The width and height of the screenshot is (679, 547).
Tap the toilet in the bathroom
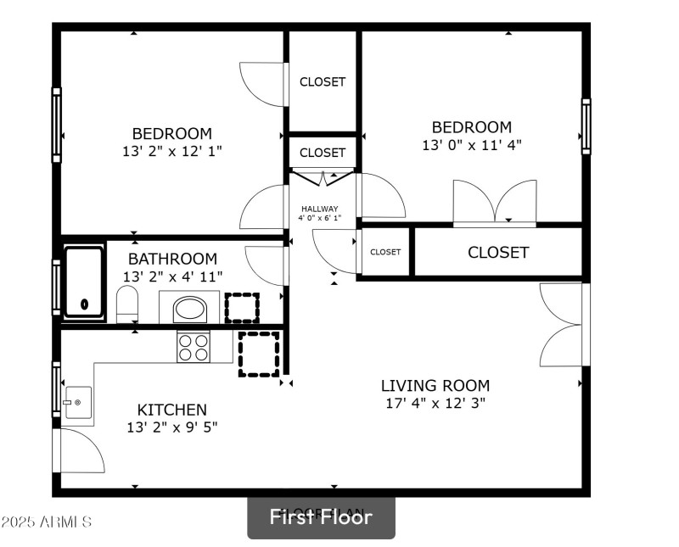tap(127, 304)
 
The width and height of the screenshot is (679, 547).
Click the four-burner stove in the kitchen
tap(193, 346)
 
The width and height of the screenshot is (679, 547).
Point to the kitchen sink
tap(77, 402)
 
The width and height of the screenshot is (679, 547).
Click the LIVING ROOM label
tap(435, 385)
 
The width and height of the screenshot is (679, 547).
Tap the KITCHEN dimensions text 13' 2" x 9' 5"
tap(171, 427)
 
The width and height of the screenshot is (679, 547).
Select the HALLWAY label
tap(320, 209)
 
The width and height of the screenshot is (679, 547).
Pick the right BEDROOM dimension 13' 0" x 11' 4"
tap(471, 145)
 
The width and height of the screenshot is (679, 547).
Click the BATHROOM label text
tap(172, 259)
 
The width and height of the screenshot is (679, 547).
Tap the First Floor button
tap(321, 516)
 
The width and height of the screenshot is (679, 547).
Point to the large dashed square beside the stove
tap(259, 354)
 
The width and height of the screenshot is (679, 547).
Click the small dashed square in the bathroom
tap(241, 307)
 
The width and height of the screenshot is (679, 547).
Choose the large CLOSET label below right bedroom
tap(498, 253)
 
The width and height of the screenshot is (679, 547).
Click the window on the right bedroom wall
tap(586, 126)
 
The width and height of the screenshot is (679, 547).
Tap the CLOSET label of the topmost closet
tap(323, 82)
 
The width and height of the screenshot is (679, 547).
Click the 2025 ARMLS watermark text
tap(47, 521)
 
